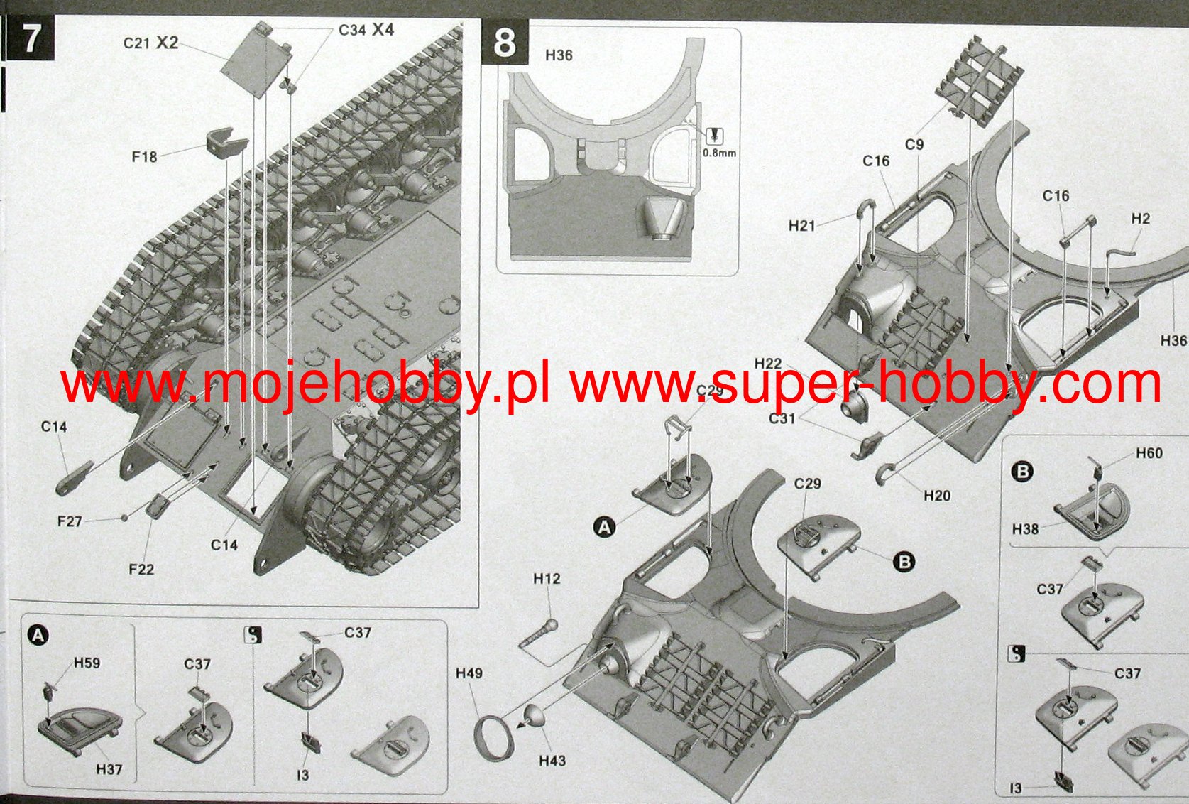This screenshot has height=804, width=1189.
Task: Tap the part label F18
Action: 145,156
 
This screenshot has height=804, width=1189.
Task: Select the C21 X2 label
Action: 150,43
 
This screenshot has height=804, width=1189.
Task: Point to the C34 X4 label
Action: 366,30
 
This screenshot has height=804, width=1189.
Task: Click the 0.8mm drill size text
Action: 719,153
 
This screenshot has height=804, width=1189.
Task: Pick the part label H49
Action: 469,673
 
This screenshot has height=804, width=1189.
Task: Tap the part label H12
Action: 547,579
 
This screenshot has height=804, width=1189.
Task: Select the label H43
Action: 552,761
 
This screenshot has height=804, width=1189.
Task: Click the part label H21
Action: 802,226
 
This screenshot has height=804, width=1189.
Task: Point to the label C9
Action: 914,144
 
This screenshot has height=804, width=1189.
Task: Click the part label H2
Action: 1140,219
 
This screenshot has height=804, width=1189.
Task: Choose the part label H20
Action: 937,495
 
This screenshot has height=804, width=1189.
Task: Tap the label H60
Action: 1149,453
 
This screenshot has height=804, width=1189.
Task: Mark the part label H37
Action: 109,769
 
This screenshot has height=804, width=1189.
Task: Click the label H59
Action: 87,663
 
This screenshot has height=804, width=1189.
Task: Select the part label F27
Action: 70,521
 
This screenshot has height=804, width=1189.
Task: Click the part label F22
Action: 141,569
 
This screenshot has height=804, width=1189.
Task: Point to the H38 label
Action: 1025,529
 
